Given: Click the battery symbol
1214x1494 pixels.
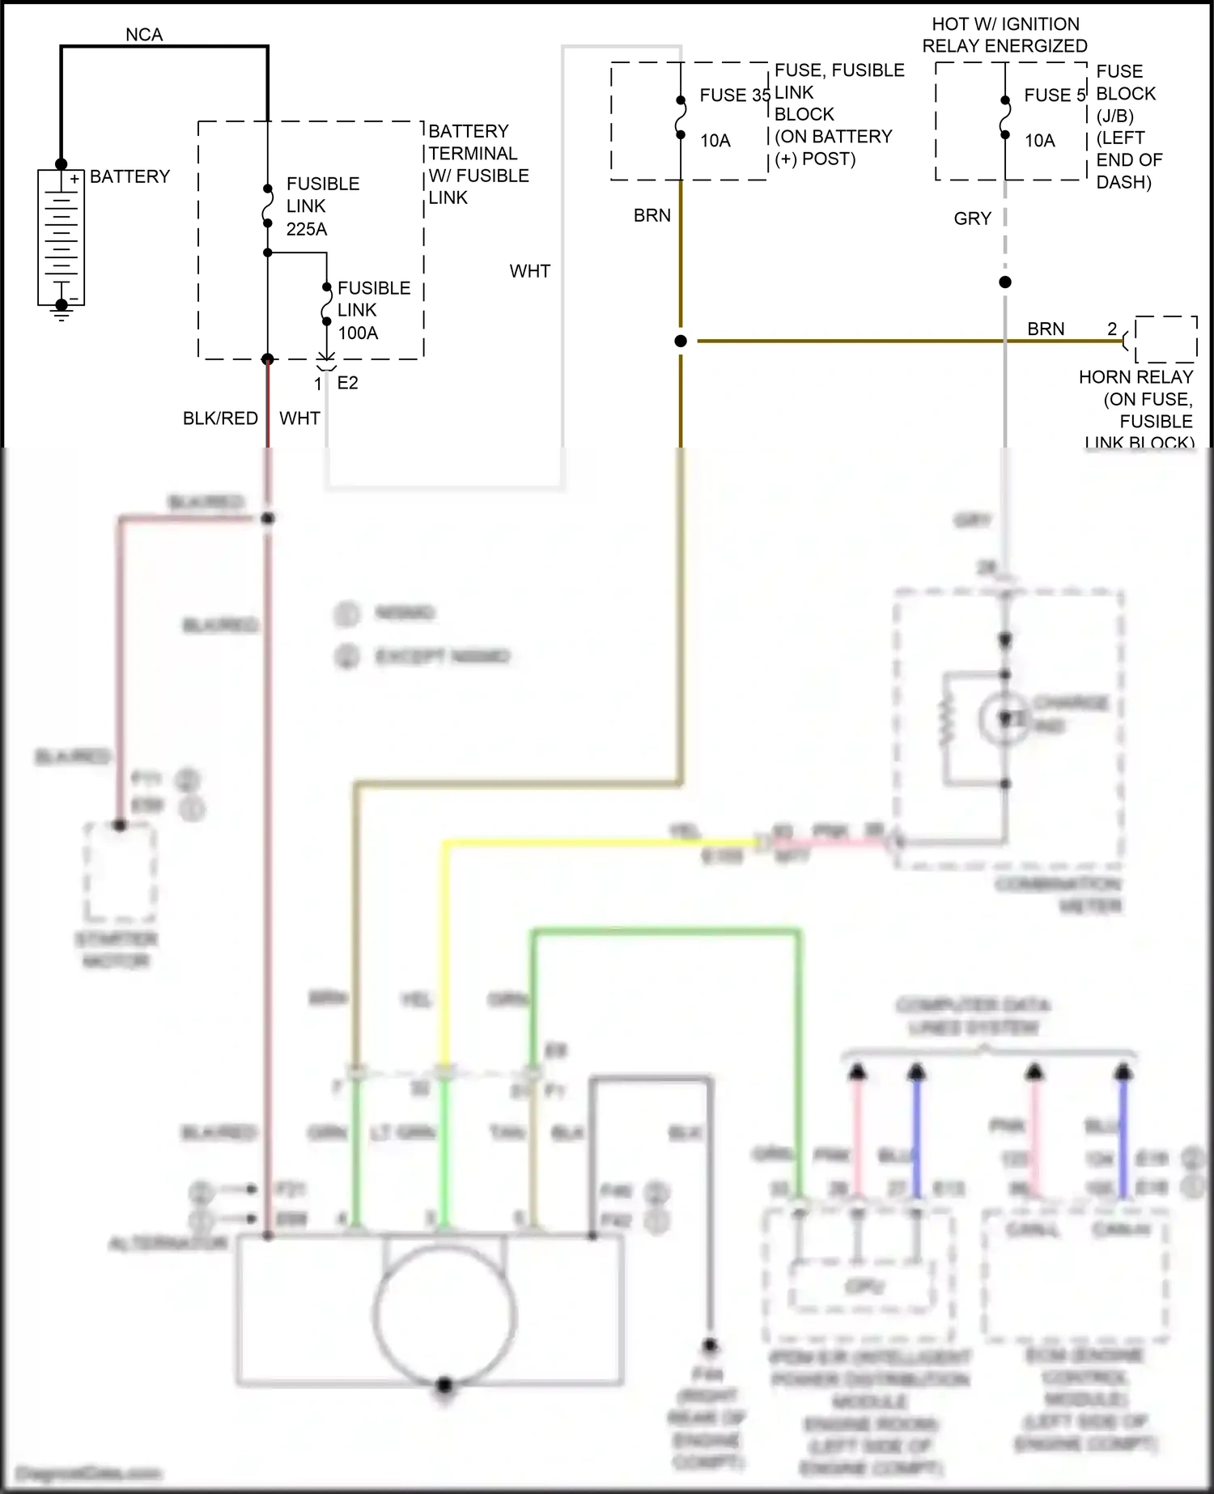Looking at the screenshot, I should coord(61,237).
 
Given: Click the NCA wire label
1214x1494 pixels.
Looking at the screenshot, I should coord(144,35).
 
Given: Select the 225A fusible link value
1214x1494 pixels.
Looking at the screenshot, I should coord(307,229).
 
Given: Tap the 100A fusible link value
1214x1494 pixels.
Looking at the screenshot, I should coord(358,333).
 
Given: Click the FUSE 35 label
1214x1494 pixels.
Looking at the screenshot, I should coord(734,95).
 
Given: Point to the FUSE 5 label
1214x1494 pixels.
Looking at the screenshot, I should coord(1054,95).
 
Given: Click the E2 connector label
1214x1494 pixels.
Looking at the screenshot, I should coord(347,383).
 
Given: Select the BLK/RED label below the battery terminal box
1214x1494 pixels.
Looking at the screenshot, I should coord(220,418).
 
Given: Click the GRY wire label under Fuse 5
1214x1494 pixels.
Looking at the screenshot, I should coord(972,219).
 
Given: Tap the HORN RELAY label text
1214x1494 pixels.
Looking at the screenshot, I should coord(1135,377).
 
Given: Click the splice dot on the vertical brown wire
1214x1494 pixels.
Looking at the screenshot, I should coord(681,342).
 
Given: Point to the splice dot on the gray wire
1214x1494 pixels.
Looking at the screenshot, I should coord(1005,282).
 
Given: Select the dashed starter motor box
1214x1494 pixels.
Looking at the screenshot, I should coord(121,872).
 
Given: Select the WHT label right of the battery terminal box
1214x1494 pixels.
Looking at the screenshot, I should coord(530,271).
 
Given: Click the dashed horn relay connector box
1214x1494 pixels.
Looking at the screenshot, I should coord(1165,339).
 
